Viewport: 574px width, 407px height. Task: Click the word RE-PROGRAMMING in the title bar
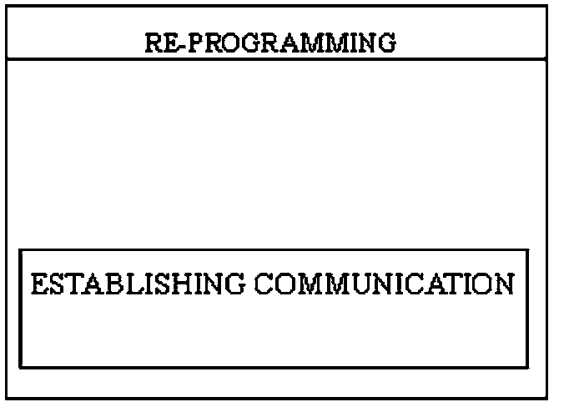(270, 42)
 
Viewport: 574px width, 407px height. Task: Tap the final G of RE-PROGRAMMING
(385, 42)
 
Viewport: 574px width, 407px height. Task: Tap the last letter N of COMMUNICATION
(503, 284)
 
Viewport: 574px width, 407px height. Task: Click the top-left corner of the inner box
(20, 249)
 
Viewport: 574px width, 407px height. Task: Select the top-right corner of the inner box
(528, 249)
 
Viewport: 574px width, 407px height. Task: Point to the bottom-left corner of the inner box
(20, 367)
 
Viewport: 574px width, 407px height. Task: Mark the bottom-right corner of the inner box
(528, 367)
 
